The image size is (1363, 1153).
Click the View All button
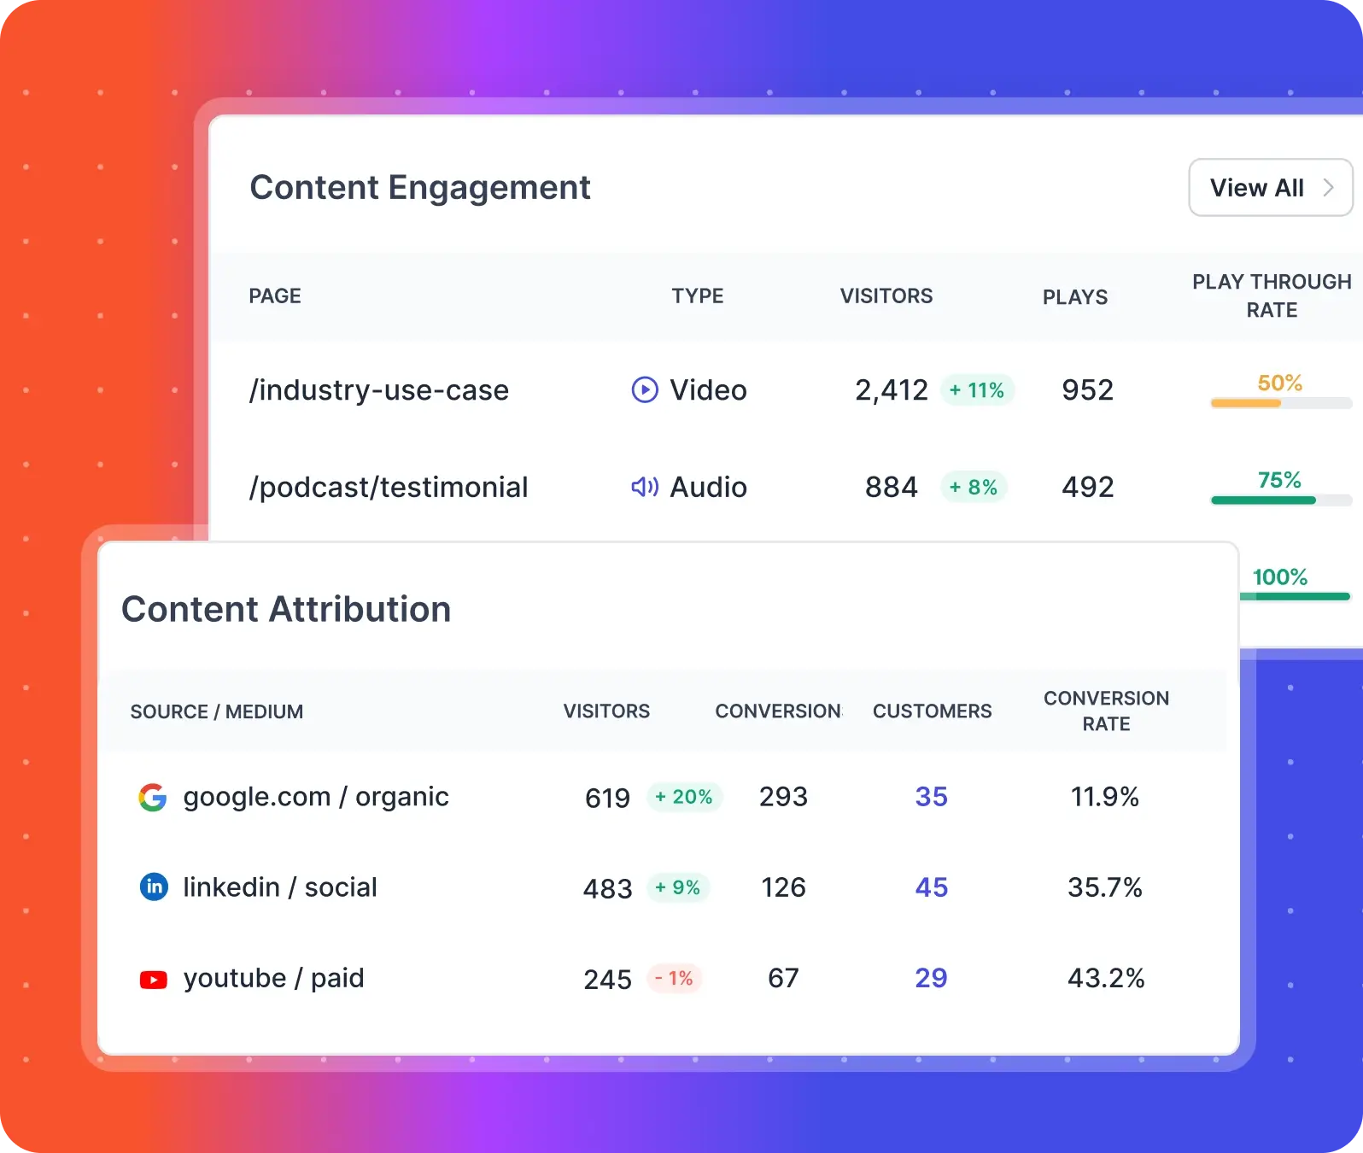tap(1270, 188)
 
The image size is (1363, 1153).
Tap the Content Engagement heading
tap(419, 188)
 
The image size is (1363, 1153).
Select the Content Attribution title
tap(286, 610)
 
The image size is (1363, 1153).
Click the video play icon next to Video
tap(645, 390)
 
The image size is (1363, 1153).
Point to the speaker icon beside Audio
tap(645, 487)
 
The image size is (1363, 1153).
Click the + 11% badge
tap(977, 390)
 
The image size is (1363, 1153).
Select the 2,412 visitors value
tap(891, 390)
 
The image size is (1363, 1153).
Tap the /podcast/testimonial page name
tap(389, 488)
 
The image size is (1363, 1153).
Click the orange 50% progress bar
tap(1247, 403)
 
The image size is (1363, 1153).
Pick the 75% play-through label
tap(1279, 480)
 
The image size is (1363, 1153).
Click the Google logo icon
tap(153, 798)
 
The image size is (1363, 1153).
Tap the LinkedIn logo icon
tap(154, 887)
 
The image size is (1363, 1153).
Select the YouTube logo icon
tap(154, 979)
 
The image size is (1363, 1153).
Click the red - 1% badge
tap(675, 978)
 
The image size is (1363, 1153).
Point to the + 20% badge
tap(684, 797)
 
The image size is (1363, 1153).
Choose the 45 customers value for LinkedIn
tap(931, 887)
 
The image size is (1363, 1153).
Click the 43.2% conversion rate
tap(1106, 978)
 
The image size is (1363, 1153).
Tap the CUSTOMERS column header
tap(932, 711)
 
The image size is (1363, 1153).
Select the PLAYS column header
tap(1074, 297)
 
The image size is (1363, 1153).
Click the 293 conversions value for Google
tap(783, 797)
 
